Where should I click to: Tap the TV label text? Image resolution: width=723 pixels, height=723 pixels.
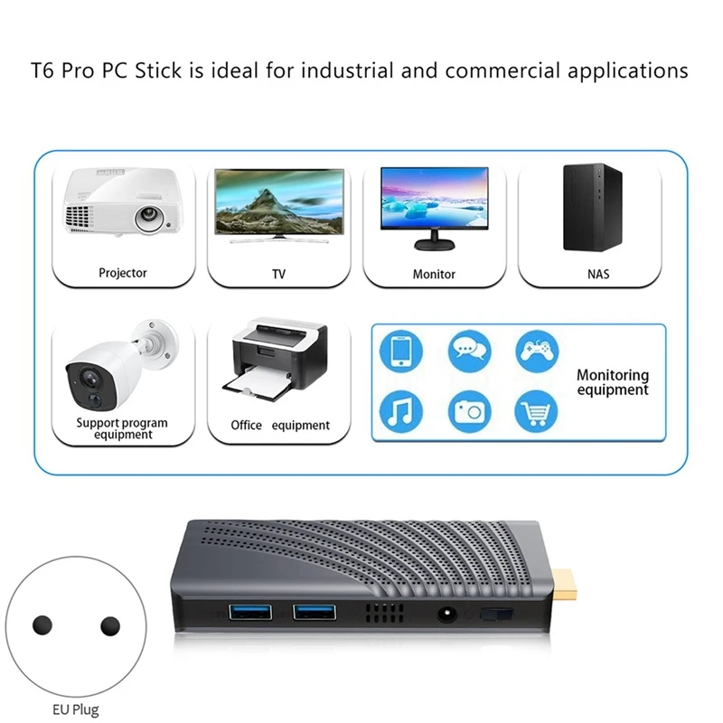click(278, 273)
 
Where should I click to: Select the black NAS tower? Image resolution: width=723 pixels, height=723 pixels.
click(593, 207)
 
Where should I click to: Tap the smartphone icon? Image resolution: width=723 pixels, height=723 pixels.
click(400, 352)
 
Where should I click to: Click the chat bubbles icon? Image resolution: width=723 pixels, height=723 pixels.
click(469, 352)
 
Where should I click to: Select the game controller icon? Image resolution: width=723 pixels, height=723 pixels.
click(537, 352)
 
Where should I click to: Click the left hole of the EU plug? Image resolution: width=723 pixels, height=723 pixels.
click(42, 625)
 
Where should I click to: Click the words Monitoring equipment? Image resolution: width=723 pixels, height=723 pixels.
click(613, 382)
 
